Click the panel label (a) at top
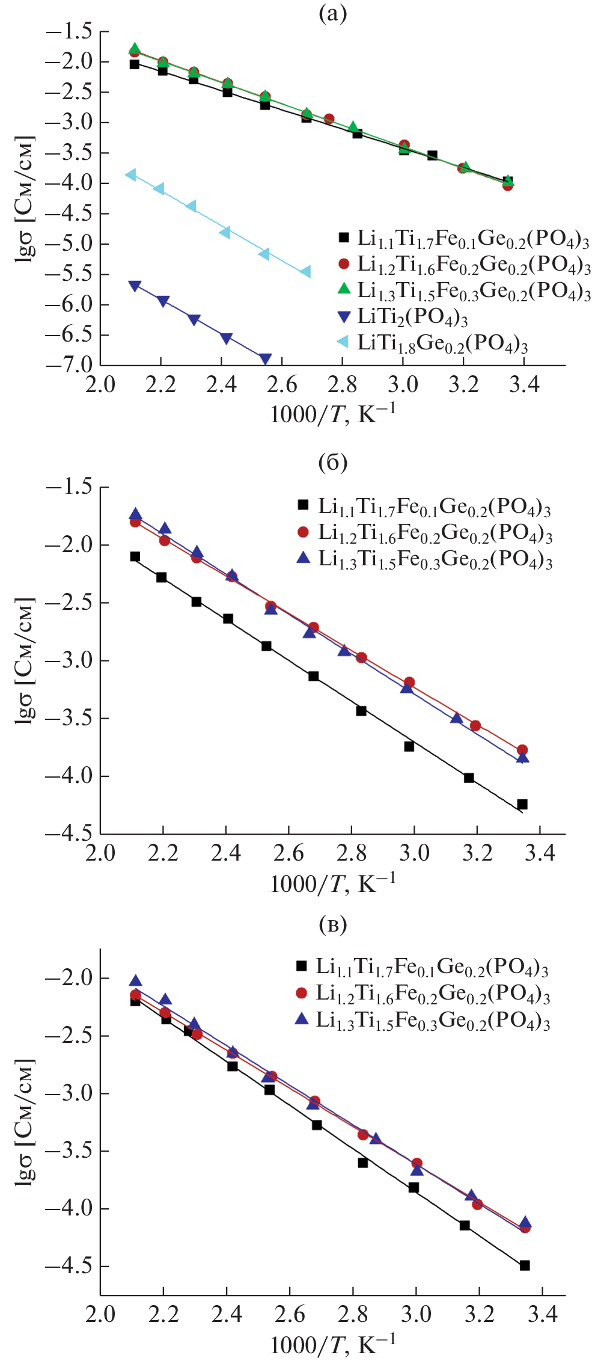coord(332,13)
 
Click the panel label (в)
coord(332,924)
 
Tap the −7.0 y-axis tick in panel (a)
coord(71,364)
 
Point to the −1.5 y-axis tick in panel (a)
coord(71,31)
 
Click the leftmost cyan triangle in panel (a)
coord(130,174)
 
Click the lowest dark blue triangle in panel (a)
coord(265,359)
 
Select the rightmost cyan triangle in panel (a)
coord(305,272)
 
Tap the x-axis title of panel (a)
coord(332,414)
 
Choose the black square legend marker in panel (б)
coord(304,505)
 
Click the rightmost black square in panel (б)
coord(522,804)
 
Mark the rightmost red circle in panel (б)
coord(522,750)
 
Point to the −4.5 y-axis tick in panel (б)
coord(71,834)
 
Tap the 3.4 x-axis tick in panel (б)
coord(540,853)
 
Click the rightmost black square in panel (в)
coord(525,1265)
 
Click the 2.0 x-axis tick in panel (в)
coord(100,1314)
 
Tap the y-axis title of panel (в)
coord(25,1122)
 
